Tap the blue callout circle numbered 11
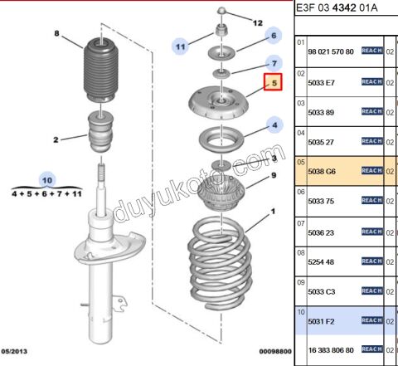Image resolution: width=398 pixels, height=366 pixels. coord(182,46)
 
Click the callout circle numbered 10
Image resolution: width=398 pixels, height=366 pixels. coord(47,179)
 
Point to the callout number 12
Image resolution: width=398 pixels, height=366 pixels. coord(257,22)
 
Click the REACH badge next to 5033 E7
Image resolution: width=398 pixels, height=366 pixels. coord(371,81)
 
